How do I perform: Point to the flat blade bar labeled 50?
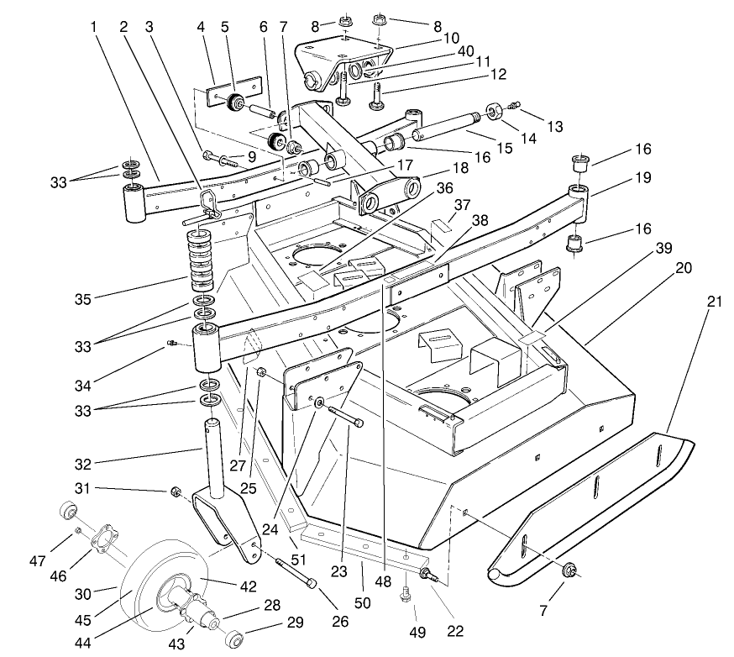click(x=361, y=547)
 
